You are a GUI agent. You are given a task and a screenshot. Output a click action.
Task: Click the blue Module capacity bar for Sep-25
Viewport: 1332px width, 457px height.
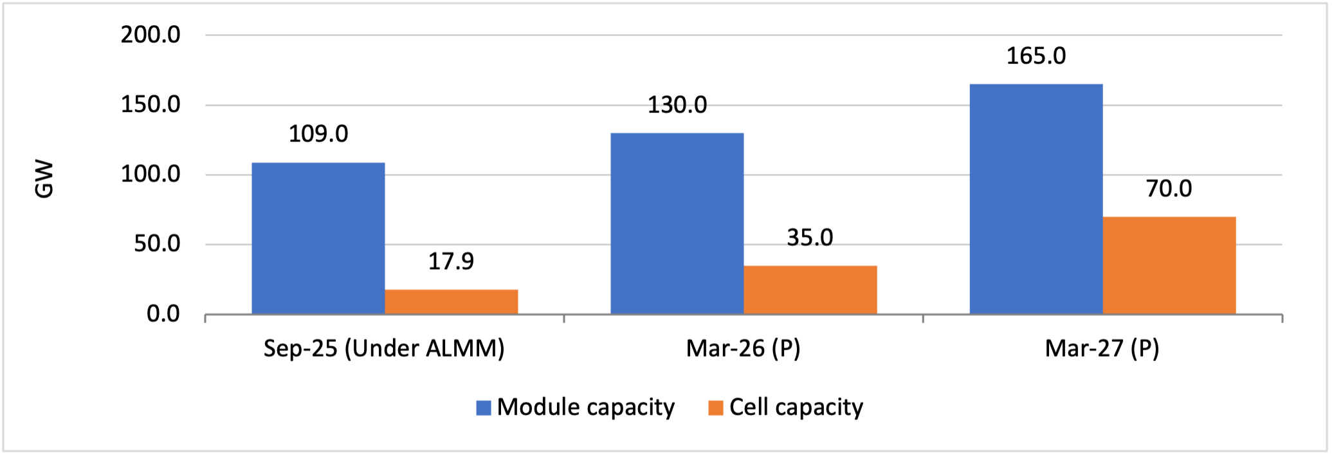(x=318, y=238)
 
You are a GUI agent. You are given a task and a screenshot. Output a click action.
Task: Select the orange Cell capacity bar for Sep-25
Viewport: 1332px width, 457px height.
(x=451, y=302)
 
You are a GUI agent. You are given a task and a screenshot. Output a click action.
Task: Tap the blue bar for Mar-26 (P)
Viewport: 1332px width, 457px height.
(x=677, y=223)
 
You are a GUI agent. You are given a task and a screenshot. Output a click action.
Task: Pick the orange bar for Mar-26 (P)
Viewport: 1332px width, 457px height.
(x=810, y=290)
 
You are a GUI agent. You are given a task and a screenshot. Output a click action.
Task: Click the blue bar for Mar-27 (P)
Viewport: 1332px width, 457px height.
(x=1035, y=199)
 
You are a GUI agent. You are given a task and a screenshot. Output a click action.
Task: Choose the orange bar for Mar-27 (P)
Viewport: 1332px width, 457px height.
(x=1169, y=265)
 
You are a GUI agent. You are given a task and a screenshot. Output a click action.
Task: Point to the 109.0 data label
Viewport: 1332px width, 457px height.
(x=318, y=134)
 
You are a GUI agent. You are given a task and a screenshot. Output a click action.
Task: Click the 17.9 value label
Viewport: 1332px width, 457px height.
(x=451, y=261)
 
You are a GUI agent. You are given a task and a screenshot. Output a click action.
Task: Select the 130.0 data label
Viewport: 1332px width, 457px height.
(x=677, y=105)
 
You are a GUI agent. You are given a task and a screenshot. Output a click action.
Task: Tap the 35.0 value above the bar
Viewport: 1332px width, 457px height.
(x=810, y=238)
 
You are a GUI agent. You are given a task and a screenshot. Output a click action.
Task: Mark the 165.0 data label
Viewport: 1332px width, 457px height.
(x=1035, y=56)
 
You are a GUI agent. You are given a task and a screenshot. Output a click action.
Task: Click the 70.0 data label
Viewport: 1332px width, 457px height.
(x=1169, y=189)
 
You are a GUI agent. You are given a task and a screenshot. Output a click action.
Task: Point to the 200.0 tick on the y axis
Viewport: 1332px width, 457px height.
(x=151, y=35)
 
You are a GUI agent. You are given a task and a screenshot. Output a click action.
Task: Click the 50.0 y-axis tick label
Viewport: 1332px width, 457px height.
(x=157, y=245)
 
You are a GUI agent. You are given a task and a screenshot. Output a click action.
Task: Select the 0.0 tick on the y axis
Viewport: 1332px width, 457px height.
(x=163, y=314)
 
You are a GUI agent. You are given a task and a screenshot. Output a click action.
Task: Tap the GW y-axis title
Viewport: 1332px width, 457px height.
(x=44, y=180)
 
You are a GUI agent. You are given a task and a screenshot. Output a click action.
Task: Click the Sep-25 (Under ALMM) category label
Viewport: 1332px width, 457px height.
(x=384, y=348)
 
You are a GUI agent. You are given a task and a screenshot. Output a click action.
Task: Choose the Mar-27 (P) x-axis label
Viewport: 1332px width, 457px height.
(x=1102, y=348)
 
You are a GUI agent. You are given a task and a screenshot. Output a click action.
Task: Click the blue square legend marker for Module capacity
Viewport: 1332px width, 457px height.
(x=484, y=407)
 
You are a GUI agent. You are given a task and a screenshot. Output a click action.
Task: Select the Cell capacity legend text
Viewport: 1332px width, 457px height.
(x=796, y=407)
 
